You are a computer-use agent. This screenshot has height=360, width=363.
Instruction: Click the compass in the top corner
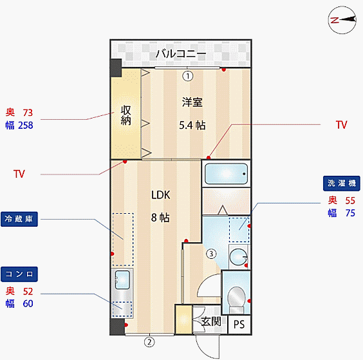click(342, 20)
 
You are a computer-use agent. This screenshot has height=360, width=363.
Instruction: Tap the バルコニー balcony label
click(181, 53)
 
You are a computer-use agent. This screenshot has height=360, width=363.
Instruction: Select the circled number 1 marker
click(188, 76)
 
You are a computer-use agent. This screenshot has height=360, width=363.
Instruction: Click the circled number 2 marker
click(149, 342)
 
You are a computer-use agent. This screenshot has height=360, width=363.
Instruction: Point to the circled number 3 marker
click(211, 254)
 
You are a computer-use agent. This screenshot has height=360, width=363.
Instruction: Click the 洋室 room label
click(192, 102)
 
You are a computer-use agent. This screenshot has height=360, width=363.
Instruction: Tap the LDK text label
click(161, 195)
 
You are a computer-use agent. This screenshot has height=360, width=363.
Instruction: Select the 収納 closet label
click(126, 115)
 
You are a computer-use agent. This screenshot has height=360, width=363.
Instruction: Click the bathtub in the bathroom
click(226, 174)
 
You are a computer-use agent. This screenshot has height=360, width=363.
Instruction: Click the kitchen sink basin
click(122, 280)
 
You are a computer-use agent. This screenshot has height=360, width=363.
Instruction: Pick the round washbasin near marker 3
click(238, 257)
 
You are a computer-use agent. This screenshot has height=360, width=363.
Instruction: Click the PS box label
click(239, 325)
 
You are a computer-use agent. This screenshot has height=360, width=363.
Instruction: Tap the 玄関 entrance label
click(211, 321)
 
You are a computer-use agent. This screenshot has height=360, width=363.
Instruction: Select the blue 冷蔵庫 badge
click(19, 219)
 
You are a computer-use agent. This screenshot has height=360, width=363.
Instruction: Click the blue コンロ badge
click(19, 274)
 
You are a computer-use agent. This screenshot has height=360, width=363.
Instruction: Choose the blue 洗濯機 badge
click(342, 184)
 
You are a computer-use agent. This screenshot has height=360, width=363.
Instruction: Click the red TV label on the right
click(342, 125)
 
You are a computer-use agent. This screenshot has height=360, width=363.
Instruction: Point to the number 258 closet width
click(26, 126)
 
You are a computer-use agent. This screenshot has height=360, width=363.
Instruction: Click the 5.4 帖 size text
click(192, 125)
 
